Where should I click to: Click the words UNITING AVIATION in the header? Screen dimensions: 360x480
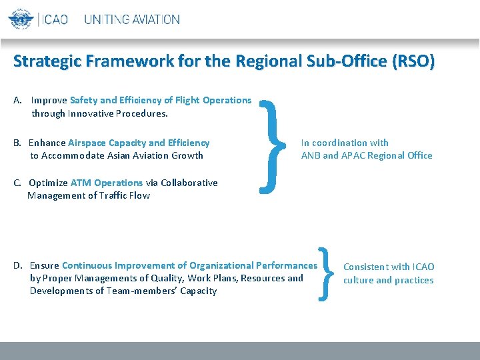click(x=132, y=19)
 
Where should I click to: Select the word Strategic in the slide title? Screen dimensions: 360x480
click(x=45, y=62)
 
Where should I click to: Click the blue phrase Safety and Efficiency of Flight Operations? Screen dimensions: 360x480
click(x=161, y=100)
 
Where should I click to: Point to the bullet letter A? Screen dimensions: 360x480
click(x=18, y=100)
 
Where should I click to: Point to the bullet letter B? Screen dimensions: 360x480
click(x=17, y=143)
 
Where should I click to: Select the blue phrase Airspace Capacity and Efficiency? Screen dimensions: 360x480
click(x=139, y=143)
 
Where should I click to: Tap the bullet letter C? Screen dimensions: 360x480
click(x=17, y=183)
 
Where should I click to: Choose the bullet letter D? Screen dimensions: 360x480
click(x=18, y=265)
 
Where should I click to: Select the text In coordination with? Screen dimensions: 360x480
click(x=345, y=143)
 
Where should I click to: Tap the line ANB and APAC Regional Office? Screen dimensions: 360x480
click(x=367, y=155)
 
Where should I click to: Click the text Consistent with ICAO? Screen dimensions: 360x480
click(x=389, y=267)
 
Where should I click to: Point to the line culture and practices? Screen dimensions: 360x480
click(x=388, y=280)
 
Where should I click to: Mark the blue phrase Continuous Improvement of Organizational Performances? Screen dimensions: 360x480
click(x=190, y=265)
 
